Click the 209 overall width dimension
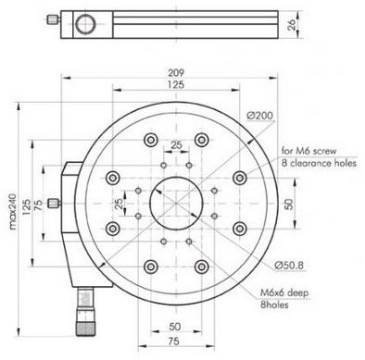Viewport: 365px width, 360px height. pos(176,73)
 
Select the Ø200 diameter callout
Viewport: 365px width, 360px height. pos(260,116)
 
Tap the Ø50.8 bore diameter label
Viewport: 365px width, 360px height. pos(289,265)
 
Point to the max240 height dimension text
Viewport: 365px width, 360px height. pos(13,211)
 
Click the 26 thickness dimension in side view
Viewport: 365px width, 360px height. pos(292,24)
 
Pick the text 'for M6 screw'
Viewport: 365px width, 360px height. pos(308,151)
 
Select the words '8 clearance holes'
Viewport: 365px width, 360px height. pos(319,163)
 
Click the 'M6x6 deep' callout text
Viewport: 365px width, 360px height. pos(284,292)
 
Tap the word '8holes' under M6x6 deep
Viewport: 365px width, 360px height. pos(274,304)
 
